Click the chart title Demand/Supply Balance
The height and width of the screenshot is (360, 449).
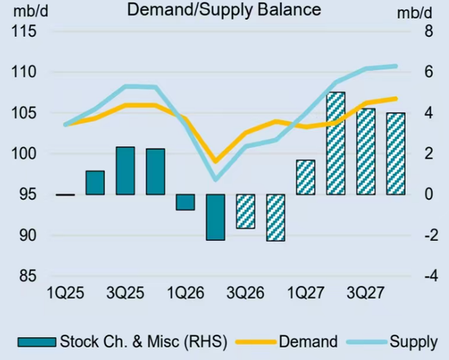click(224, 10)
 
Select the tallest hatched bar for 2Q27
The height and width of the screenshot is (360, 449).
click(336, 144)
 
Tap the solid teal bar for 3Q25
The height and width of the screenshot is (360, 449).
click(125, 171)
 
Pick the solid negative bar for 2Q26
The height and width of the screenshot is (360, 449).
click(216, 217)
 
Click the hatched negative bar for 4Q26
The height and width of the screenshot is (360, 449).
click(275, 218)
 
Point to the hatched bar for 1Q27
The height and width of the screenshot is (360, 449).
click(305, 177)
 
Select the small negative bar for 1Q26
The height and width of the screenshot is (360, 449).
click(185, 202)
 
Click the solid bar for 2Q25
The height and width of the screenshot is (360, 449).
click(95, 183)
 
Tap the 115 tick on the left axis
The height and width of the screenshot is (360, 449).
click(24, 31)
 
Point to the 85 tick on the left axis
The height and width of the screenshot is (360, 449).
click(28, 276)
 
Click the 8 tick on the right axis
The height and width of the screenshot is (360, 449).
click(429, 31)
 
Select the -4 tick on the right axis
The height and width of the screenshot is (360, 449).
click(431, 277)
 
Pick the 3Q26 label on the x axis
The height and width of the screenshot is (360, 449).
click(246, 293)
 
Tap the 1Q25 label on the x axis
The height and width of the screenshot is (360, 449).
click(65, 293)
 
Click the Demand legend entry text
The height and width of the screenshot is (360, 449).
click(308, 342)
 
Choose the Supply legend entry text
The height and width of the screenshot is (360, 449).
click(414, 342)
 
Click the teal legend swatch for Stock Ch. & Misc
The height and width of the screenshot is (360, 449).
click(37, 342)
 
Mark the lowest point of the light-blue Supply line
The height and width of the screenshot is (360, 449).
click(216, 180)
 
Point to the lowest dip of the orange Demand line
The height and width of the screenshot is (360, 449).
click(216, 161)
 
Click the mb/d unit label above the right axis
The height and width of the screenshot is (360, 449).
click(414, 12)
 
